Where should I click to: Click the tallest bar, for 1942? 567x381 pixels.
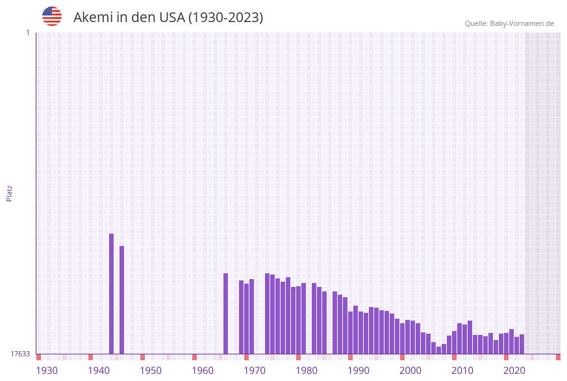tap(111, 293)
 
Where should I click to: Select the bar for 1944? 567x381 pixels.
tap(121, 300)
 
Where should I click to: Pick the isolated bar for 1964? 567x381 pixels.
tap(225, 313)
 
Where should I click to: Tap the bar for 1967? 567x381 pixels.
tap(241, 317)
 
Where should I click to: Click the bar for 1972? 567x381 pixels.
tap(267, 313)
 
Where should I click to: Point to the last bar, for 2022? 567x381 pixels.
tap(522, 344)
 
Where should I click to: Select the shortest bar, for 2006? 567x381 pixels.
tap(438, 350)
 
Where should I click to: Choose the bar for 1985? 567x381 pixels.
tap(334, 323)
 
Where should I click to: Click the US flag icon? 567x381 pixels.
tap(52, 16)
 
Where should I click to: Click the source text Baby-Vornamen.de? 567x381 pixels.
tap(522, 23)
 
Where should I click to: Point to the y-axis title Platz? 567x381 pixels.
tap(10, 193)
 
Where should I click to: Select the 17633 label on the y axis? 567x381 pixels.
tap(19, 354)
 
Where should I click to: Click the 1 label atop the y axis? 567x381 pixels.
tap(27, 32)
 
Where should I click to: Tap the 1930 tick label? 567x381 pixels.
tap(47, 371)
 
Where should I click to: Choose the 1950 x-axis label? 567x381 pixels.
tap(151, 371)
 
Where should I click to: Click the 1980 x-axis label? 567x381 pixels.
tap(307, 371)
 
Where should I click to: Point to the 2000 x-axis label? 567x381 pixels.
tap(410, 371)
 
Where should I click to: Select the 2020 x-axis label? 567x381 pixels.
tap(514, 371)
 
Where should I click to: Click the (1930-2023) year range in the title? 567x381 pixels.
tap(225, 18)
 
